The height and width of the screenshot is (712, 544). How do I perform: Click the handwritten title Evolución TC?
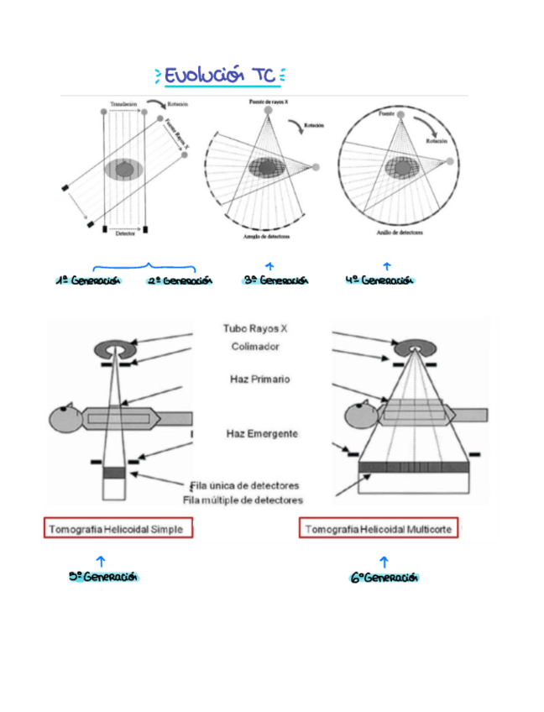[x=221, y=76]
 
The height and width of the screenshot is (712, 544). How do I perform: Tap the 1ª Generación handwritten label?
[x=89, y=280]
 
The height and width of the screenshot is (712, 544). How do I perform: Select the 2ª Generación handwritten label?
[x=180, y=280]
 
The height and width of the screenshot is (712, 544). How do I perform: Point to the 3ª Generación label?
[x=276, y=280]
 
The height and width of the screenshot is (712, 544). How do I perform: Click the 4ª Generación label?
[x=380, y=280]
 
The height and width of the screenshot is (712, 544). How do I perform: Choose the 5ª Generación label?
[x=103, y=578]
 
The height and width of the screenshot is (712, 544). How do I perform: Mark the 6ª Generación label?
[x=384, y=578]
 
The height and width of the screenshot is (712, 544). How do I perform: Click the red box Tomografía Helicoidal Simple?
[x=119, y=529]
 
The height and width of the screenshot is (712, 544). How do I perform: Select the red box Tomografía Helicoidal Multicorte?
[x=379, y=530]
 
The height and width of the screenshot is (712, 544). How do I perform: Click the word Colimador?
[x=255, y=346]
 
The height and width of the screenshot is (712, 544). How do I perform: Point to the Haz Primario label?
[x=259, y=380]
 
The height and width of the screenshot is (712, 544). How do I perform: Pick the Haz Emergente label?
[x=262, y=434]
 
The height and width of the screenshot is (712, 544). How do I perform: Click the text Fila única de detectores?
[x=244, y=485]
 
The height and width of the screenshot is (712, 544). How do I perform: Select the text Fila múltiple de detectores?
[x=243, y=500]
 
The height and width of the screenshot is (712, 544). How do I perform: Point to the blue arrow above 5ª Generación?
[x=101, y=560]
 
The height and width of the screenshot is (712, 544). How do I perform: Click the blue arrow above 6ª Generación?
[x=384, y=561]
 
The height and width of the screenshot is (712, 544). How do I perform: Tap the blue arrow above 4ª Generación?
[x=386, y=266]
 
